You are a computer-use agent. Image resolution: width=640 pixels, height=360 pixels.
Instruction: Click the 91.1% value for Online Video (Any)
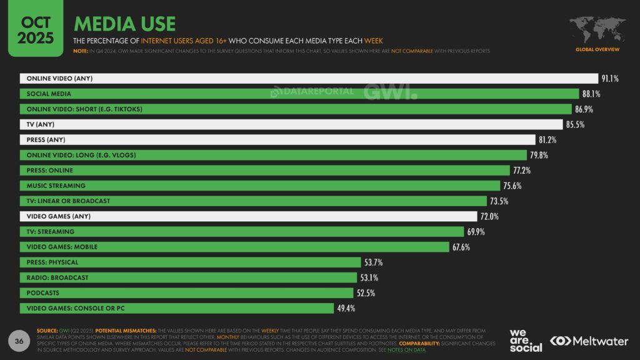610,79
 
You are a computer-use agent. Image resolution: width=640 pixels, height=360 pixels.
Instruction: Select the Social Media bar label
49,94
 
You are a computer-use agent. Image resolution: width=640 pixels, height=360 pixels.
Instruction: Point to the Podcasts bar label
43,292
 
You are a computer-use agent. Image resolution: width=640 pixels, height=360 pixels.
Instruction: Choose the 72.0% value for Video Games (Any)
489,216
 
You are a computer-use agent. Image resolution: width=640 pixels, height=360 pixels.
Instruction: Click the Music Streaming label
56,186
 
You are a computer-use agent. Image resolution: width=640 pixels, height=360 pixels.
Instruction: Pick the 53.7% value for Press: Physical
374,262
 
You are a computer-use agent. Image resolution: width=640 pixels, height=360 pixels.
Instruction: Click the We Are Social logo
526,340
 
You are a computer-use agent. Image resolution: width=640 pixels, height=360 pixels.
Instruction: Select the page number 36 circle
20,341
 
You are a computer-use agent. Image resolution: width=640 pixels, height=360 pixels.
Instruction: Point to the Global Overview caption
597,49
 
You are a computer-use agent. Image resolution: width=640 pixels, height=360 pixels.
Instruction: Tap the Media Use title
124,24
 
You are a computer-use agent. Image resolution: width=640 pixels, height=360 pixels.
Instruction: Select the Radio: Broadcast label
57,277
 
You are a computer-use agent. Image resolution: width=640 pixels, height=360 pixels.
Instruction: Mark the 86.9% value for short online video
584,109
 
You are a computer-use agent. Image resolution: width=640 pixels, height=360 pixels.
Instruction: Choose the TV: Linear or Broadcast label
68,201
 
